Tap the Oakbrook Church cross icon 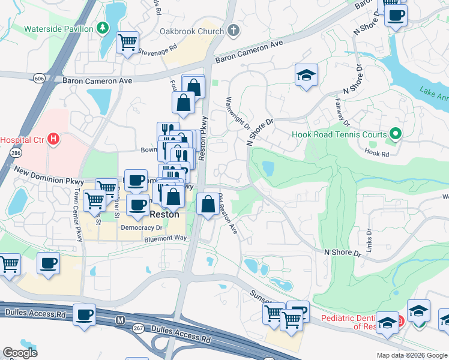232,31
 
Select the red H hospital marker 54,140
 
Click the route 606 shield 39,79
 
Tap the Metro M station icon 121,320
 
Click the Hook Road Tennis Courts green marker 395,134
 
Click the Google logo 20,353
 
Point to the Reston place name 165,214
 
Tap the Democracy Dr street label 142,228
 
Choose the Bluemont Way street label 165,239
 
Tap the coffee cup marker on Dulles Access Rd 84,314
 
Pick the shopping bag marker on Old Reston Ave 208,203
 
